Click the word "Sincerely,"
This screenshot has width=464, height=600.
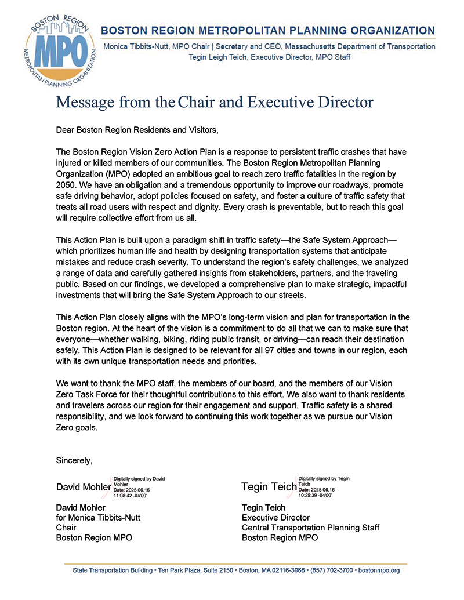[x=74, y=460]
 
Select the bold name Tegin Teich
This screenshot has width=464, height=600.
[x=263, y=508]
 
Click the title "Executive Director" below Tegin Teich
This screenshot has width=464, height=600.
[x=275, y=518]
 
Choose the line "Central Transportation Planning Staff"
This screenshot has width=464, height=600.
[x=310, y=528]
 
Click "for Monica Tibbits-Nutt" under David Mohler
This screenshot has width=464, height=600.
[x=98, y=518]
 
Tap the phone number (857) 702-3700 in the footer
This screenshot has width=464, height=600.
[x=329, y=570]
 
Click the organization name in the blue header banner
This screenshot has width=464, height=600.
[x=269, y=30]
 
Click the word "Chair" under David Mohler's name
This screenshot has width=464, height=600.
[x=66, y=528]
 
